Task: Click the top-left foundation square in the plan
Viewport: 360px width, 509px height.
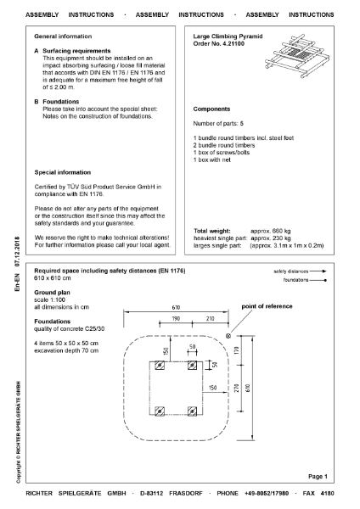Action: (158, 366)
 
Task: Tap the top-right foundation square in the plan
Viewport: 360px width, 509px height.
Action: (190, 366)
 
